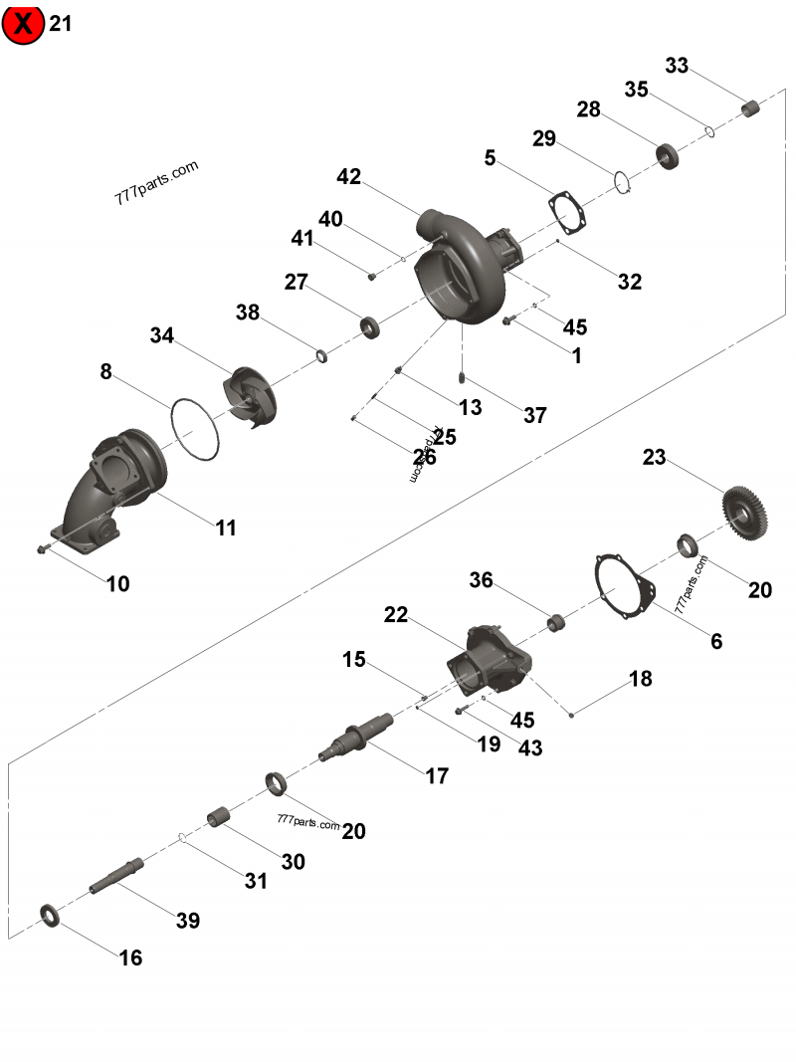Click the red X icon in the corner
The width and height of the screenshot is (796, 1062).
[23, 23]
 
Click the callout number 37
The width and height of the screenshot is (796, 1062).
[534, 415]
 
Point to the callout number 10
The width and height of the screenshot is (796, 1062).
[117, 584]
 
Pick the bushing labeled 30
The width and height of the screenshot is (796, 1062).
[219, 818]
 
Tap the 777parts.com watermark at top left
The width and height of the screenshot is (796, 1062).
[156, 182]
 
